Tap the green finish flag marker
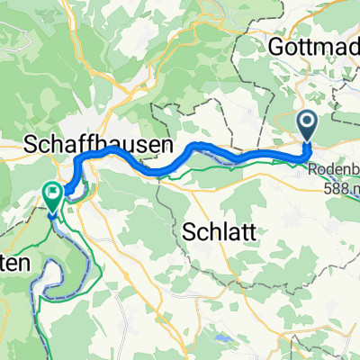pyautogui.click(x=52, y=192)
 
